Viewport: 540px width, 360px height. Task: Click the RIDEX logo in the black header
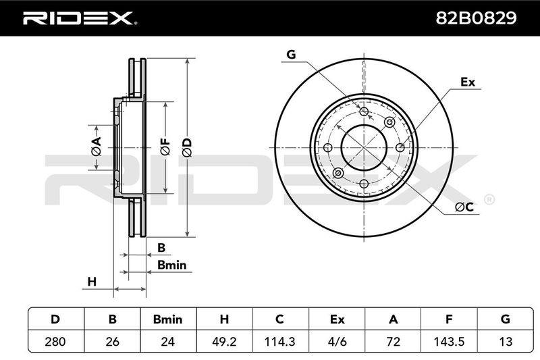pyautogui.click(x=80, y=18)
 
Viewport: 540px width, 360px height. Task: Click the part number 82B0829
pyautogui.click(x=476, y=18)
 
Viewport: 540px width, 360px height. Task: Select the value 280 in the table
pyautogui.click(x=55, y=341)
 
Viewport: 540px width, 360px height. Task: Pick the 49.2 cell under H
pyautogui.click(x=224, y=341)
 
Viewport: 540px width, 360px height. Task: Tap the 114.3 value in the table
pyautogui.click(x=280, y=341)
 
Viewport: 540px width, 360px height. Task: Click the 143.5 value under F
pyautogui.click(x=449, y=341)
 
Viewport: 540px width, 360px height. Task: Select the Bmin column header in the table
pyautogui.click(x=167, y=319)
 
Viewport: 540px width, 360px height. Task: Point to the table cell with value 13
pyautogui.click(x=505, y=341)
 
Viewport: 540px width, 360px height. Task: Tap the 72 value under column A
pyautogui.click(x=393, y=341)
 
